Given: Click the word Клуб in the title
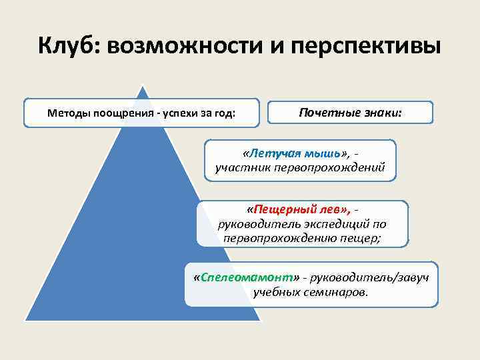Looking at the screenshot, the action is coord(68,47).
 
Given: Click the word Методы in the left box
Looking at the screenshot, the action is coord(68,113).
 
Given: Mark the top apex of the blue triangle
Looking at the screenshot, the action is coord(141,85).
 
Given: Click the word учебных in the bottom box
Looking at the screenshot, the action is coord(275,292).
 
